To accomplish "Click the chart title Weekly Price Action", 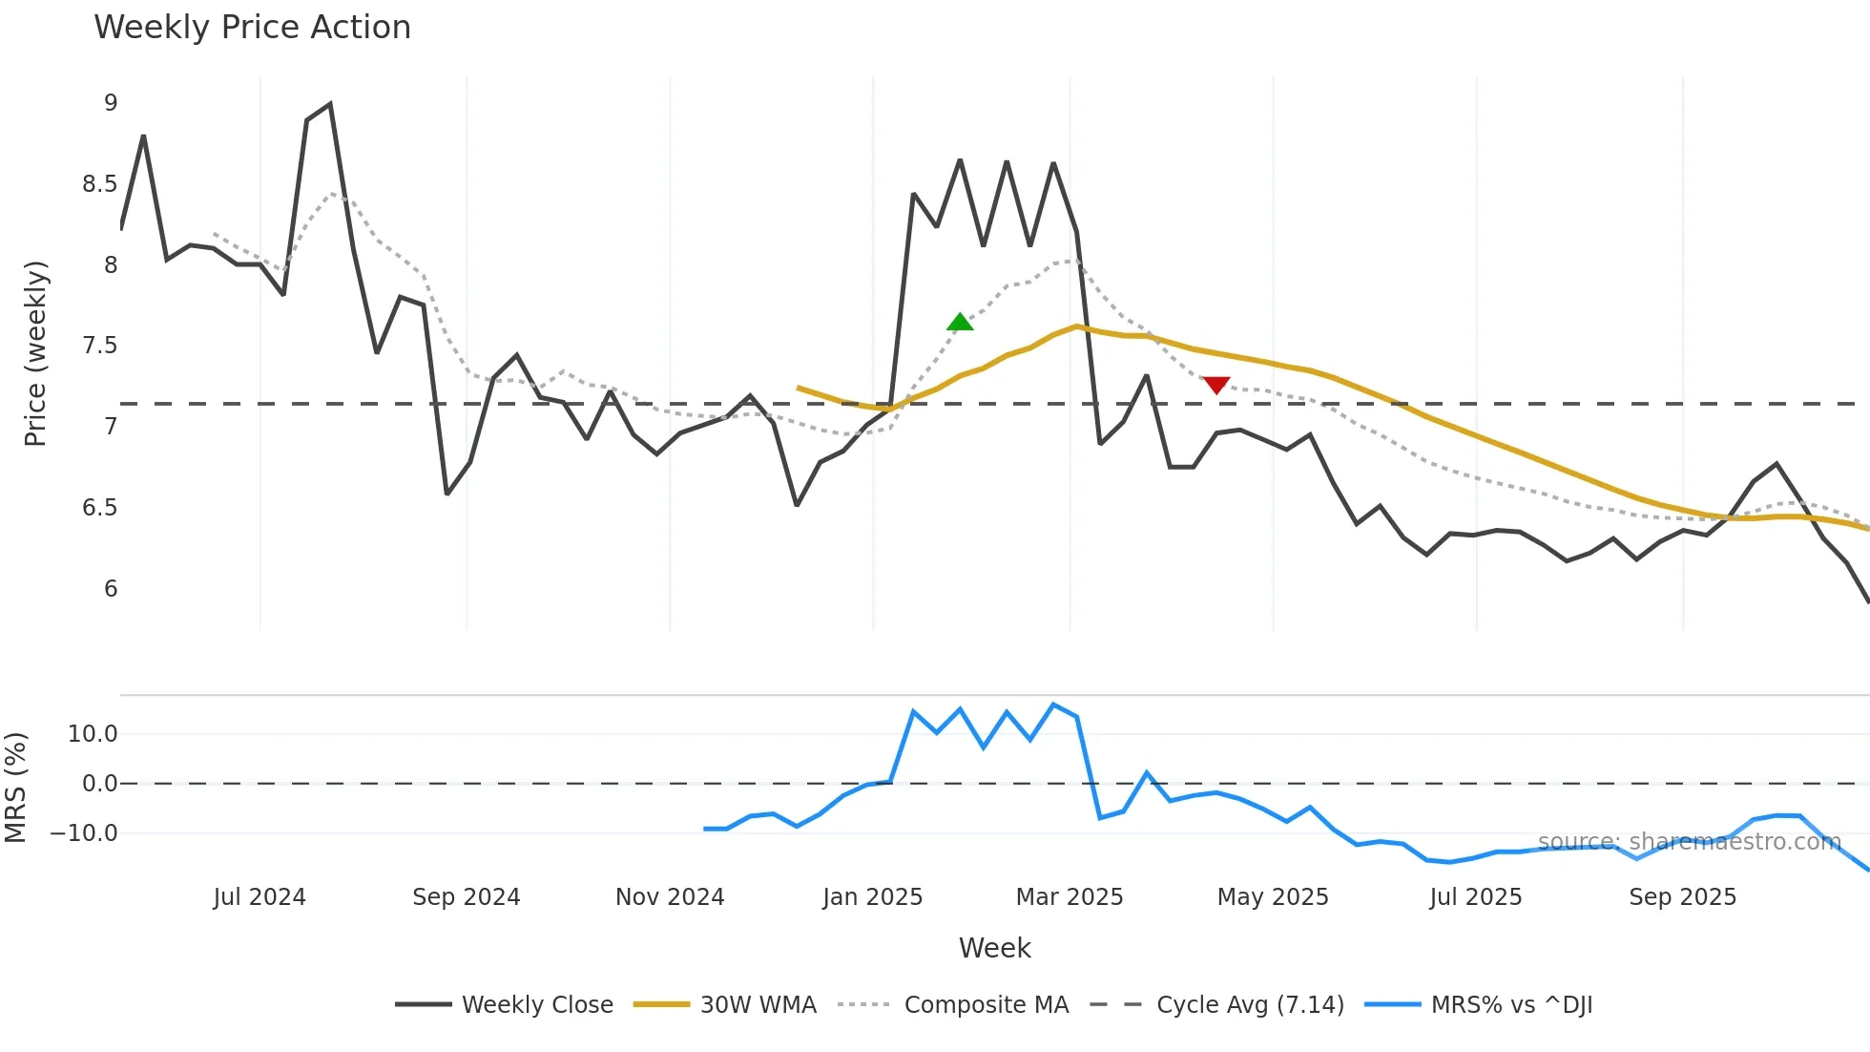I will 252,28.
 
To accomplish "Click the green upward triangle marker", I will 960,323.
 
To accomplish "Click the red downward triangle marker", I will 1216,385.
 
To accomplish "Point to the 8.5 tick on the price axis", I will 99,184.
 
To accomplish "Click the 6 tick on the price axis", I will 111,589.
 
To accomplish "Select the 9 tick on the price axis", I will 111,103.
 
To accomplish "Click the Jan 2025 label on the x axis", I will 872,897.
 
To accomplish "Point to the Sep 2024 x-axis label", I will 466,897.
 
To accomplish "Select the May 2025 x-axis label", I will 1272,897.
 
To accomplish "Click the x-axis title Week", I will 994,948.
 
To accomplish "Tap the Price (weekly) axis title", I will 35,353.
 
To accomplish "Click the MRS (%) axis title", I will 15,788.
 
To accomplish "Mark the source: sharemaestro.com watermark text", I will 1689,842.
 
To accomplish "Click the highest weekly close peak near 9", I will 330,104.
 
